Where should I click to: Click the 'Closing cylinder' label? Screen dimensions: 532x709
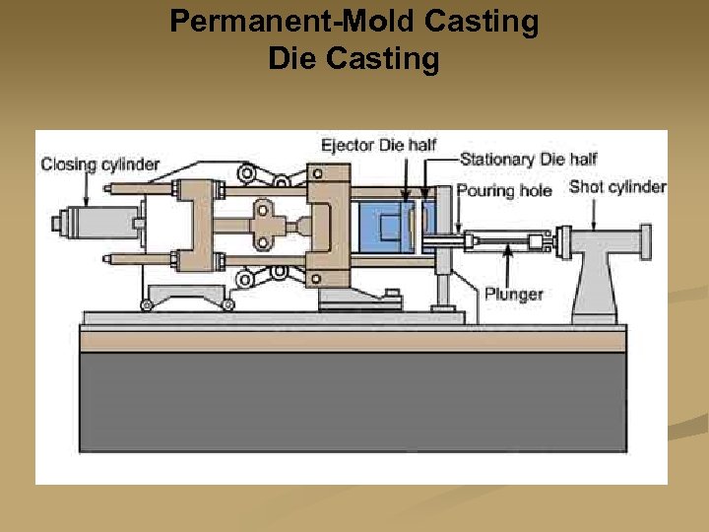(x=99, y=165)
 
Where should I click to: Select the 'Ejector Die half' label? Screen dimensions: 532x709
(x=378, y=146)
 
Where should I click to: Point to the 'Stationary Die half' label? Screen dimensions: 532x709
(x=528, y=160)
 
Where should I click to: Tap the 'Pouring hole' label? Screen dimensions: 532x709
(x=505, y=190)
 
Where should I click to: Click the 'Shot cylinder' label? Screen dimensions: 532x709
(x=617, y=186)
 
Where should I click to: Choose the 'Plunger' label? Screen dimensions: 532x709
(x=513, y=294)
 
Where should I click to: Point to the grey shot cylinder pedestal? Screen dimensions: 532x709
(x=595, y=286)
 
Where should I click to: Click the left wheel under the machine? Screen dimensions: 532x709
(x=147, y=305)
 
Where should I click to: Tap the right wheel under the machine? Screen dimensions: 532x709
(x=229, y=305)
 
